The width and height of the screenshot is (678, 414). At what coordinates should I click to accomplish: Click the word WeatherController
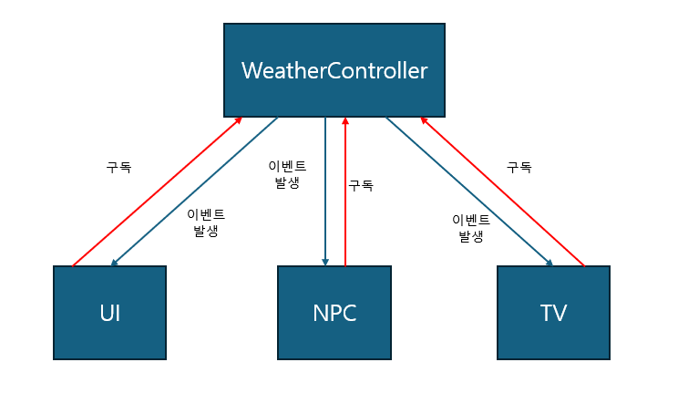(334, 71)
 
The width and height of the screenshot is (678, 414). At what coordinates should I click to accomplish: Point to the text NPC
(334, 313)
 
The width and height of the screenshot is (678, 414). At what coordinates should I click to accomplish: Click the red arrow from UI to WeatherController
(157, 191)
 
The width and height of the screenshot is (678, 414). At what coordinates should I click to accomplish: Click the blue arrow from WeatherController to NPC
(325, 191)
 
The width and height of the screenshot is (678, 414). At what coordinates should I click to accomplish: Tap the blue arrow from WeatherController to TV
(469, 191)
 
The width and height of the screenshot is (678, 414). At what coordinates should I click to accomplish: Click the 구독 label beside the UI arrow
(118, 168)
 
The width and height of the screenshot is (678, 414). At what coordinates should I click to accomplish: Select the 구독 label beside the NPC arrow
(361, 185)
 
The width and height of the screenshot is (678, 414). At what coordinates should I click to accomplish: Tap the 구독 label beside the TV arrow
(519, 167)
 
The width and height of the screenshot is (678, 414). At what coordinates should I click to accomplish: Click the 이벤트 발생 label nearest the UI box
(206, 223)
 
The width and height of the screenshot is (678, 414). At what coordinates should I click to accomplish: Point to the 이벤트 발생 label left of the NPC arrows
(287, 174)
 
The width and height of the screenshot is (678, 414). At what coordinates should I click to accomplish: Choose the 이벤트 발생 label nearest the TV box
(471, 228)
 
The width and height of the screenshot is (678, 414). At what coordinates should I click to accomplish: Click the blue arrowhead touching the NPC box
(325, 262)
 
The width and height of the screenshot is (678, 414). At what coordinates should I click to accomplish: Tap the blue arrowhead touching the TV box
(550, 262)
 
